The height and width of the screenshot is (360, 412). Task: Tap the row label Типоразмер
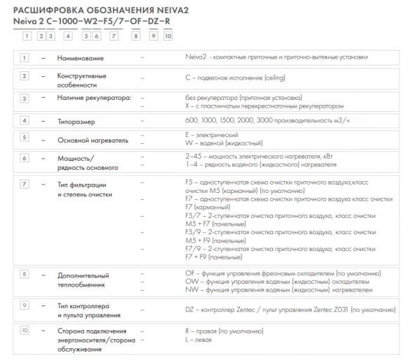point(76,121)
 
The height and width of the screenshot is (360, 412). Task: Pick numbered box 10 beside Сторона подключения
point(25,329)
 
